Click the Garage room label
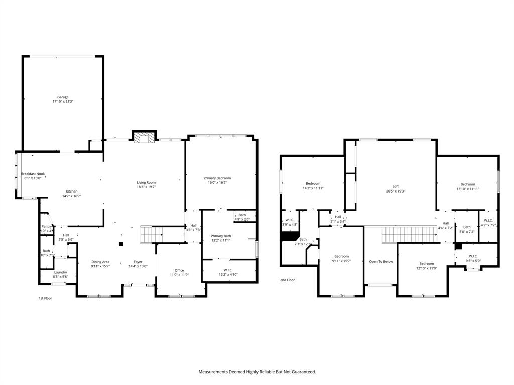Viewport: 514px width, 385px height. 63,97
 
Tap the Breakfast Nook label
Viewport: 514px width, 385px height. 33,174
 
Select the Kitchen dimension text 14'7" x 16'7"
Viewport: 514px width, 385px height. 71,196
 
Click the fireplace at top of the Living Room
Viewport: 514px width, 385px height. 144,137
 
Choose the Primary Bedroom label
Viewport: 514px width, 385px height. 217,178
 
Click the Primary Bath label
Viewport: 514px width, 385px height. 221,236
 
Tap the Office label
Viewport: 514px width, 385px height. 179,270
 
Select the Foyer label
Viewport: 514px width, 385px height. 138,262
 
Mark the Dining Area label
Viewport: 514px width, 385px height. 100,262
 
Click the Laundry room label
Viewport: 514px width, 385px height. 60,272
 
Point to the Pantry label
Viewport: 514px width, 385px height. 46,227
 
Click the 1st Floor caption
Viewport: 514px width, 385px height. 45,298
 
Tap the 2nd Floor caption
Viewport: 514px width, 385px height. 287,280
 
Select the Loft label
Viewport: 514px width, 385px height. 395,186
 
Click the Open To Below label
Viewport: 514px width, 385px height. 381,262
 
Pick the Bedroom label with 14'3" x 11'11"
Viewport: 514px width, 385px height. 313,184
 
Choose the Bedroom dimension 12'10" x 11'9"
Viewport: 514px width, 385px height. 427,268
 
